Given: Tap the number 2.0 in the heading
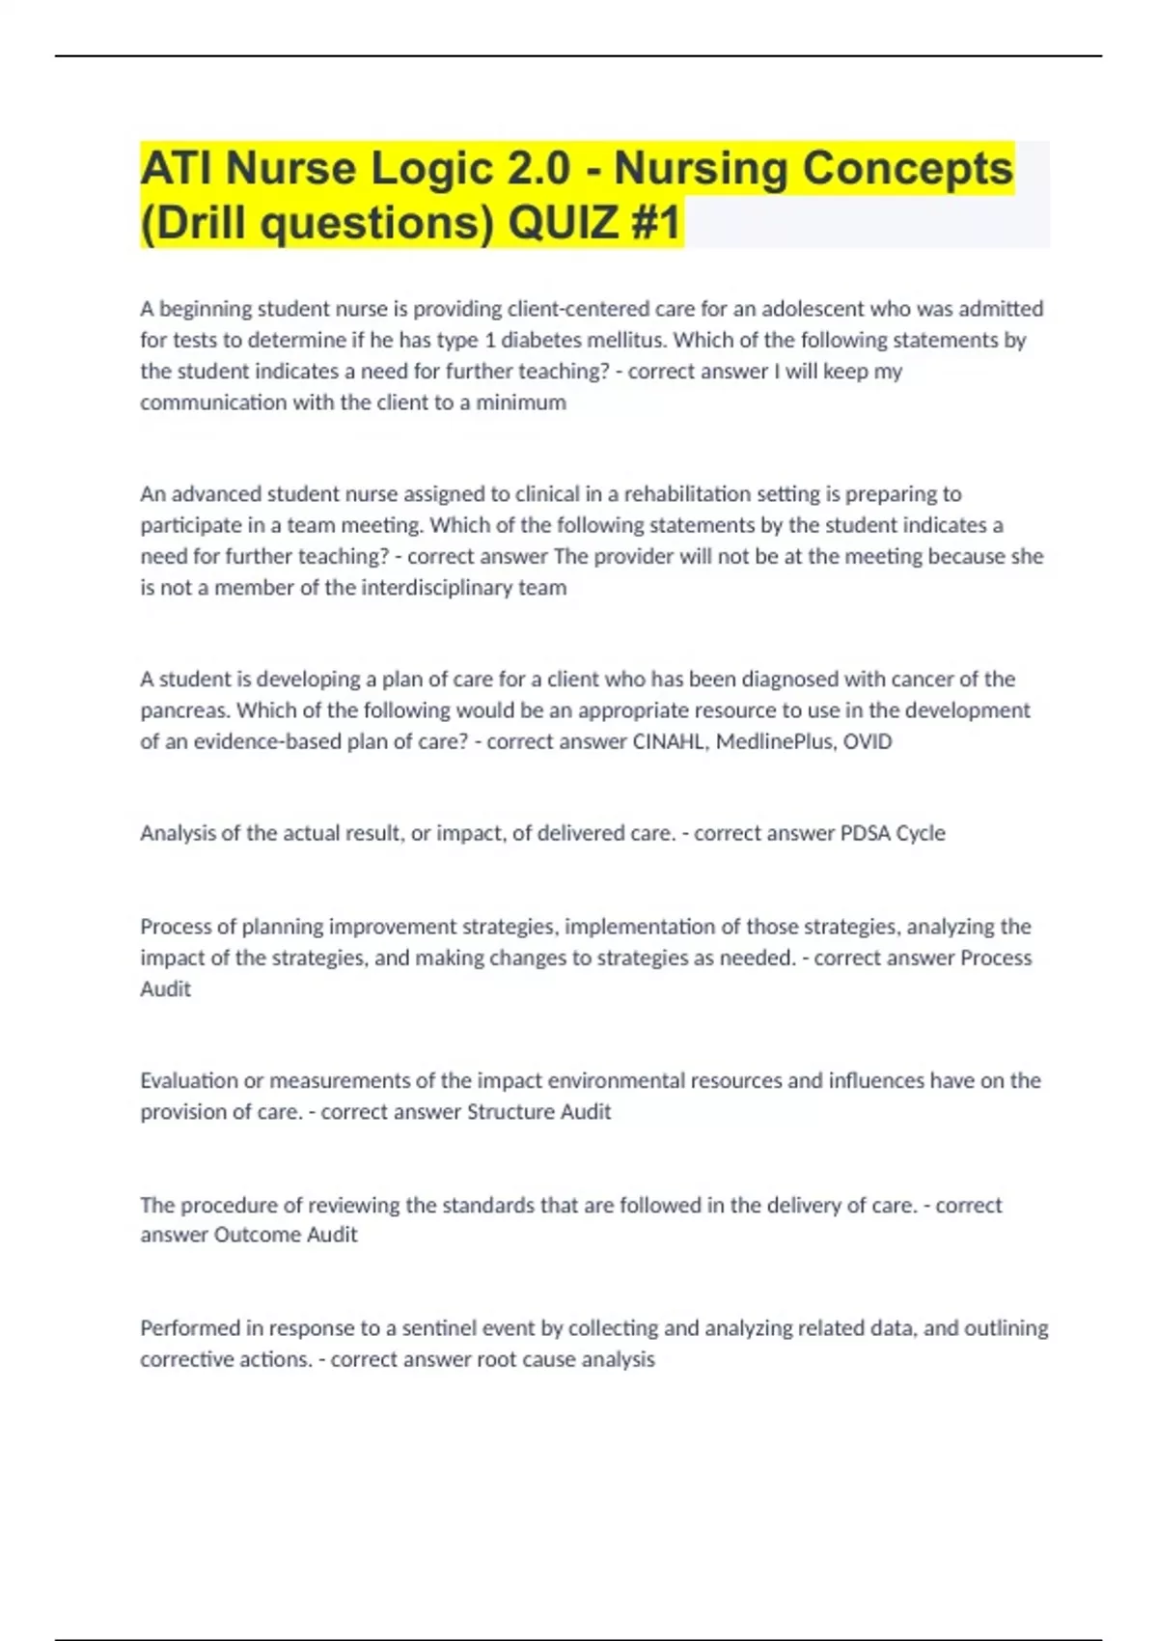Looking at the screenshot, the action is coord(535,168).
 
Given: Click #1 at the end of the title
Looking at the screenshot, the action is coord(656,223).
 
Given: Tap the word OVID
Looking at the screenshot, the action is coord(868,742).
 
